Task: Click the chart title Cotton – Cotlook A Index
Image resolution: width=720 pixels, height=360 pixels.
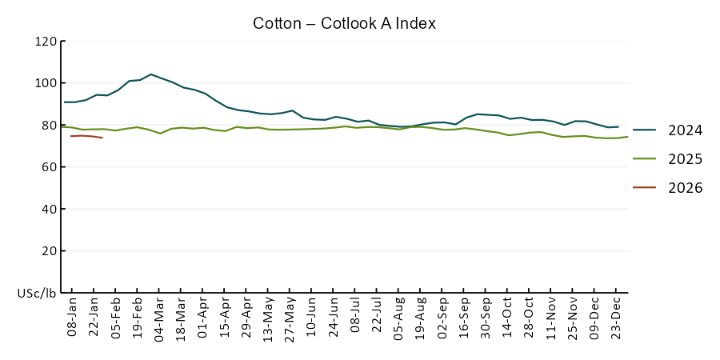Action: pos(344,23)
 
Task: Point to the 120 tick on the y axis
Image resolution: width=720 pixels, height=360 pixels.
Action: pos(46,42)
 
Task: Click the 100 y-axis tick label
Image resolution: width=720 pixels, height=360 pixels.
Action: pos(46,83)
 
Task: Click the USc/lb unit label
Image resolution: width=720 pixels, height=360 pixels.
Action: pos(37,294)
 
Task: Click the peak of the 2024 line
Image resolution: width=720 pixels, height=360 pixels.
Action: pos(151,74)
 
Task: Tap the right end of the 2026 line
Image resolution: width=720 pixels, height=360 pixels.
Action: pos(102,138)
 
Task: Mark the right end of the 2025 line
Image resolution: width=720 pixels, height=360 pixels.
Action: pos(628,137)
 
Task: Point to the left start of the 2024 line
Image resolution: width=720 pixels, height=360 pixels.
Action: pos(64,102)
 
